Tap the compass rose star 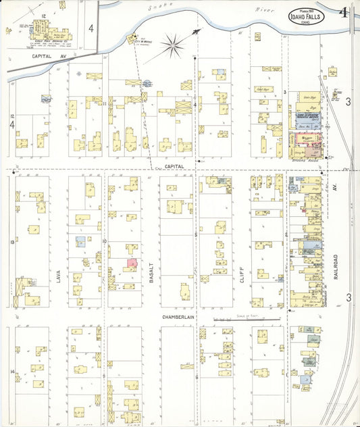click(175, 46)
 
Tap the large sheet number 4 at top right click(345, 12)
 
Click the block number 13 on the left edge click(11, 241)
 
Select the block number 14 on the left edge click(11, 372)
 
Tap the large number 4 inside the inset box click(91, 29)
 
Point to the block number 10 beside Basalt click(105, 241)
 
